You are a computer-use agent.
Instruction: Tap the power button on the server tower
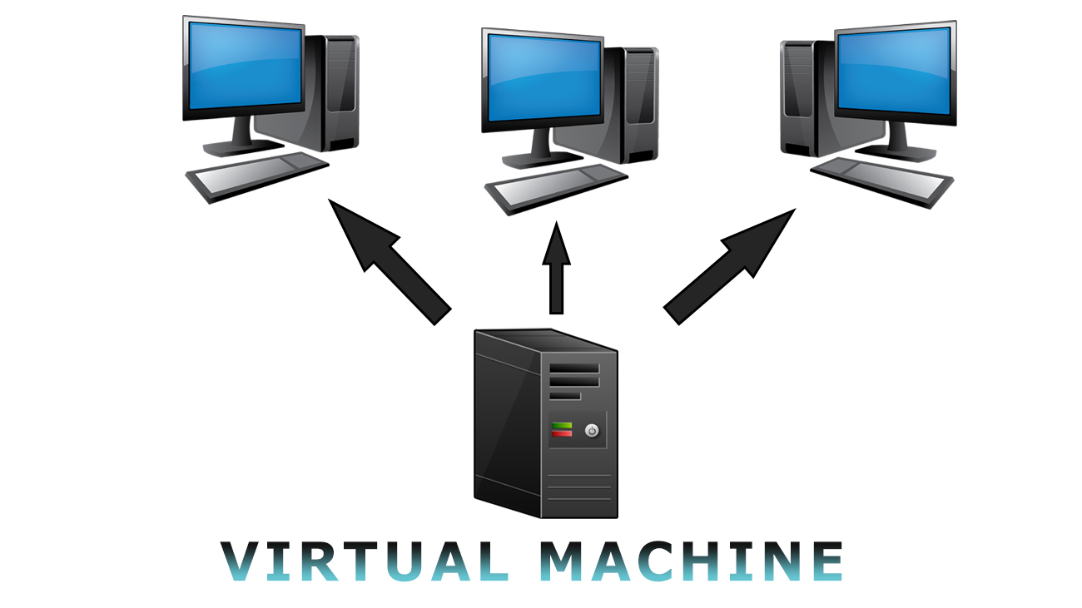(592, 430)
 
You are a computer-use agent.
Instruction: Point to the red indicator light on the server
(562, 434)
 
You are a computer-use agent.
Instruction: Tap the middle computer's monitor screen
(542, 76)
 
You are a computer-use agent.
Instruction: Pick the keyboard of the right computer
(881, 180)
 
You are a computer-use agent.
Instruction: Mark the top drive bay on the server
(573, 367)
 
